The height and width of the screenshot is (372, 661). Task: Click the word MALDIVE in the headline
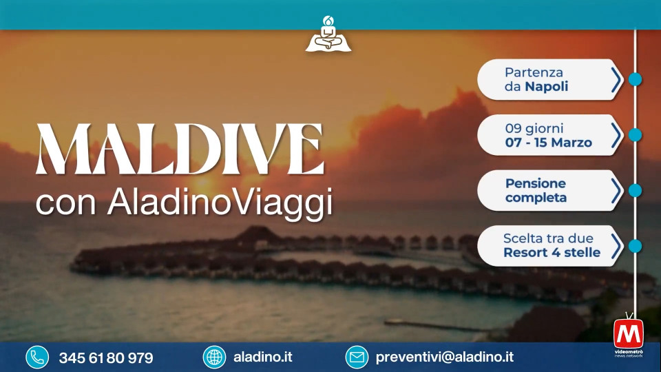pyautogui.click(x=180, y=149)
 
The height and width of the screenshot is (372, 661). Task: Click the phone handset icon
pyautogui.click(x=37, y=358)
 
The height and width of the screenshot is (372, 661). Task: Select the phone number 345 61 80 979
pyautogui.click(x=106, y=358)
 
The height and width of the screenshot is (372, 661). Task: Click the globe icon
pyautogui.click(x=214, y=358)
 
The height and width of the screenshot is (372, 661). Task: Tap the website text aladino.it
pyautogui.click(x=262, y=358)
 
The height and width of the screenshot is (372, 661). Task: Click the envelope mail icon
pyautogui.click(x=357, y=358)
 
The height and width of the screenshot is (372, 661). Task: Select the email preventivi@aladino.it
pyautogui.click(x=444, y=358)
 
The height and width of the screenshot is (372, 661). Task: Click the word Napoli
pyautogui.click(x=546, y=87)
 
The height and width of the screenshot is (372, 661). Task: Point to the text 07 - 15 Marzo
pyautogui.click(x=549, y=143)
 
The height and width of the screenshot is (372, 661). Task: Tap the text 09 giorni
pyautogui.click(x=534, y=128)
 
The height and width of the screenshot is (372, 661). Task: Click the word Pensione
pyautogui.click(x=536, y=183)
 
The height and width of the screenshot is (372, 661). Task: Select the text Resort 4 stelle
pyautogui.click(x=552, y=253)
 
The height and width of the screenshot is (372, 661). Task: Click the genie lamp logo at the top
pyautogui.click(x=328, y=34)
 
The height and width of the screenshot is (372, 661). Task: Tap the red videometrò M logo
pyautogui.click(x=629, y=334)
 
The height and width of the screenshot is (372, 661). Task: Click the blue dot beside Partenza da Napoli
pyautogui.click(x=635, y=79)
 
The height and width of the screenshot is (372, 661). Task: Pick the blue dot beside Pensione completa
pyautogui.click(x=635, y=190)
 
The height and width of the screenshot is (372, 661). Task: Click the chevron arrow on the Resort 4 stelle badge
pyautogui.click(x=616, y=246)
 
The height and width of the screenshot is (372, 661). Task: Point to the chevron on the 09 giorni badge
pyautogui.click(x=616, y=135)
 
